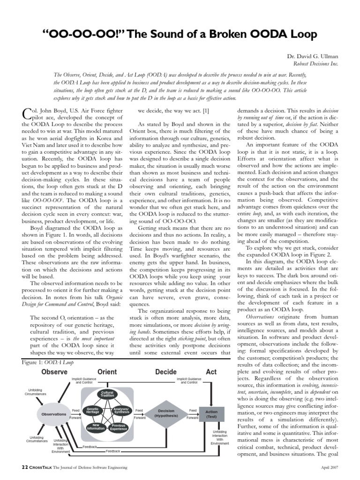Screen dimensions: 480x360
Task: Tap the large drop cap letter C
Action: (28, 113)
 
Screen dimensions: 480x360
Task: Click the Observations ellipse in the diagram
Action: (54, 414)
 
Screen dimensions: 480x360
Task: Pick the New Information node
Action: (96, 427)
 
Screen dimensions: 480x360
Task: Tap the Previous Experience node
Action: (118, 427)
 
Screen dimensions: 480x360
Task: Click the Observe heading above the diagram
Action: (54, 372)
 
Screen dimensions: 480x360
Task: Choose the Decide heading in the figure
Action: (165, 372)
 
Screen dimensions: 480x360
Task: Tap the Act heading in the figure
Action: (211, 372)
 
